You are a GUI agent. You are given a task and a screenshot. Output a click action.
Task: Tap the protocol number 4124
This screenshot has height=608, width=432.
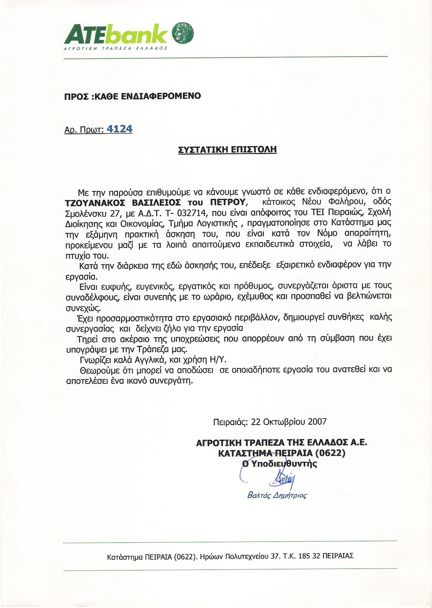point(119,129)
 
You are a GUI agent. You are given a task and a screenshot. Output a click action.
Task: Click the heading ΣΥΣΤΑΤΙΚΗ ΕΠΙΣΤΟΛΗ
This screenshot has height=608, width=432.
point(227,149)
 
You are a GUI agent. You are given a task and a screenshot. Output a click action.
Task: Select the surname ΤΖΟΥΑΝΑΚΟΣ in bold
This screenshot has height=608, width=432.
point(95,202)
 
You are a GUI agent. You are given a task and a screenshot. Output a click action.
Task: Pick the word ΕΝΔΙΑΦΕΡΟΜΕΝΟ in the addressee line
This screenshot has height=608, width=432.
point(161,96)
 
